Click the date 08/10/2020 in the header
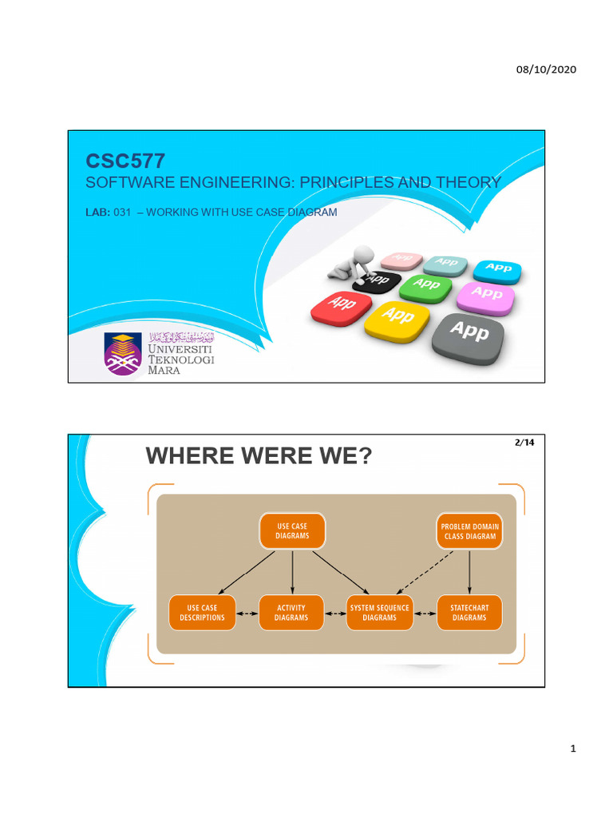(x=547, y=69)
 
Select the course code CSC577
(x=125, y=161)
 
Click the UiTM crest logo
(x=123, y=354)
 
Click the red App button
(x=341, y=307)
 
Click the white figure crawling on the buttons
(x=357, y=264)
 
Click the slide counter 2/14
(x=524, y=443)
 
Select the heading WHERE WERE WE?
(x=259, y=457)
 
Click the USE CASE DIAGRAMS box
(x=292, y=531)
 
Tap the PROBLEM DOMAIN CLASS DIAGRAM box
(x=470, y=531)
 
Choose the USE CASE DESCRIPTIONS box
(x=202, y=613)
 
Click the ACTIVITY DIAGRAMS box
(x=291, y=613)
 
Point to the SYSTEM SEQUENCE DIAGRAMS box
(x=379, y=613)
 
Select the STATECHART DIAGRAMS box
(x=469, y=613)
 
